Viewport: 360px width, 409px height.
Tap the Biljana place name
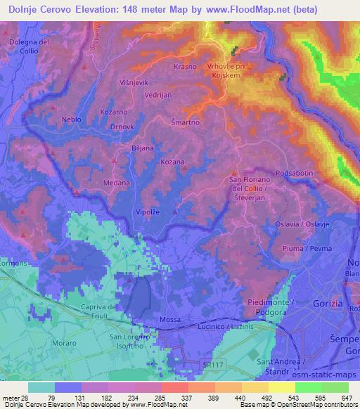[143, 148]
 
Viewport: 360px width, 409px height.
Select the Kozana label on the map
[172, 162]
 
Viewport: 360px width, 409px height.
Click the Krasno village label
[185, 67]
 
